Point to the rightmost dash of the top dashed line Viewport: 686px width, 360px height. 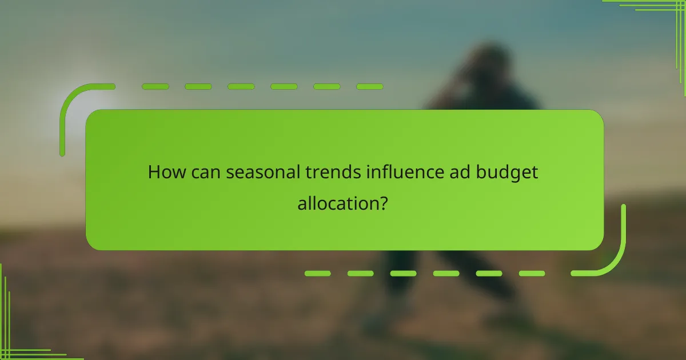tap(369, 87)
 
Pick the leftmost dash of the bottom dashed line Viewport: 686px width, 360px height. tap(317, 274)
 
